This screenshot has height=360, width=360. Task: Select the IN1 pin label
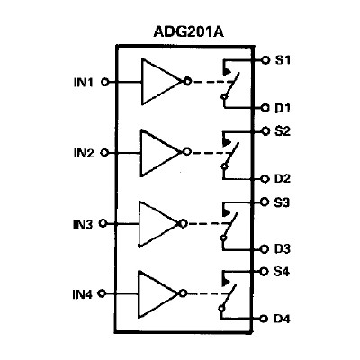coord(84,81)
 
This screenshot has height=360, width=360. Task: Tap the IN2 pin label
coord(84,153)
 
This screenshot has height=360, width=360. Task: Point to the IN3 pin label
coord(84,224)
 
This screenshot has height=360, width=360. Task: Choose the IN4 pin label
coord(84,293)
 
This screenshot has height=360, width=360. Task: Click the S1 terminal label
coord(283,59)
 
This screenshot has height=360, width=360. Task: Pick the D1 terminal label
coord(283,108)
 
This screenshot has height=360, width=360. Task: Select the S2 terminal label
coord(283,131)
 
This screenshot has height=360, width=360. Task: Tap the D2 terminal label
coord(283,178)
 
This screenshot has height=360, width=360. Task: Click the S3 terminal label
coord(283,202)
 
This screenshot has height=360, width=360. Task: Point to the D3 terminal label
coord(283,248)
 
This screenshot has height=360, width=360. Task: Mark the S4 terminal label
coord(283,270)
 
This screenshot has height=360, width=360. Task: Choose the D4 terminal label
coord(283,318)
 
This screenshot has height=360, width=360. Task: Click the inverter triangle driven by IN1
coord(158,81)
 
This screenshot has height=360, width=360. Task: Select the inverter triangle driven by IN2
coord(158,151)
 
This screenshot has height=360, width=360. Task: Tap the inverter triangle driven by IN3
coord(158,222)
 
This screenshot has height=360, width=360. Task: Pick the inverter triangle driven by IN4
coord(158,292)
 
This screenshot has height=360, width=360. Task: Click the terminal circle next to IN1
coord(105,81)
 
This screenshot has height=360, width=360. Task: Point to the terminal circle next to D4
coord(265,318)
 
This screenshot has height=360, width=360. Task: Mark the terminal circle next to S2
coord(265,130)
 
